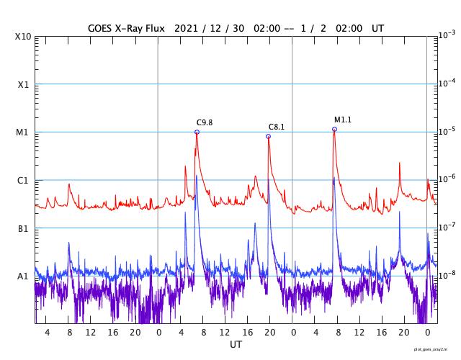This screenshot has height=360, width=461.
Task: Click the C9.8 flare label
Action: point(205,122)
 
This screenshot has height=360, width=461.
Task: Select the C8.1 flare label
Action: point(277,127)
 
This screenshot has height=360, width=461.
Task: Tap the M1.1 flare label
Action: point(343,120)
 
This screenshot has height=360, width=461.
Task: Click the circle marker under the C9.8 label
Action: point(197,132)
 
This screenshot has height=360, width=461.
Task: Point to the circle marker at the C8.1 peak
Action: point(269,136)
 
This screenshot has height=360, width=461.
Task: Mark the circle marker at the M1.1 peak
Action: point(334,130)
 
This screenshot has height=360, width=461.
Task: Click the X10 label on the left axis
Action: point(23,37)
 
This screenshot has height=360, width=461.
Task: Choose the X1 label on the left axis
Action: point(23,84)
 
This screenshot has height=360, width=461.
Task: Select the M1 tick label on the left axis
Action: point(23,132)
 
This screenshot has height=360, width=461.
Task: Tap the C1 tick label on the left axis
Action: point(23,180)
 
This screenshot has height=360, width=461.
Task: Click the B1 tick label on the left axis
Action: point(23,228)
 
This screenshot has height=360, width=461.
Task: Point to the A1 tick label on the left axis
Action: point(23,276)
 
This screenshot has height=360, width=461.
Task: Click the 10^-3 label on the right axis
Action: point(447,35)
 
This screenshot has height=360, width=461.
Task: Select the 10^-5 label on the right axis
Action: point(447,131)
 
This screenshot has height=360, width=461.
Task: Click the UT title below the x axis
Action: point(236,345)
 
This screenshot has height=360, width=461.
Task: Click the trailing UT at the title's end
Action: point(377,27)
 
